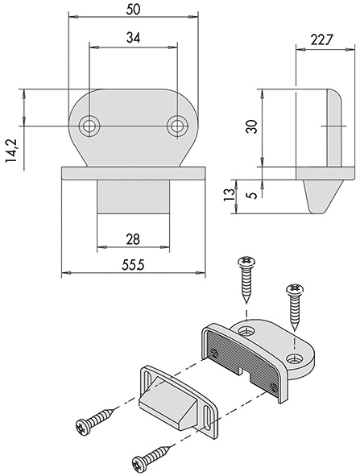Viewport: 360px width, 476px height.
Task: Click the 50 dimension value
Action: tap(133, 9)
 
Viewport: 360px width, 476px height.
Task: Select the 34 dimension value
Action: tap(133, 38)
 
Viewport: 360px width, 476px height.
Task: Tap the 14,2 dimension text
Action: tap(11, 151)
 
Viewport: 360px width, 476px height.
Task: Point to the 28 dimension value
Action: tap(133, 239)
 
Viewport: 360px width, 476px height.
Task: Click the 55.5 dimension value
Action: tap(133, 265)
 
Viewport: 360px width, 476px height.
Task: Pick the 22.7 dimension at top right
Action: tap(322, 39)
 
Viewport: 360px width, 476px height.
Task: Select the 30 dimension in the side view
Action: tap(251, 126)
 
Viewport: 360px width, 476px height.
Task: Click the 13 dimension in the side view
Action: tap(229, 195)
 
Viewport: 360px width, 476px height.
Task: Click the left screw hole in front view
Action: tap(89, 126)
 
